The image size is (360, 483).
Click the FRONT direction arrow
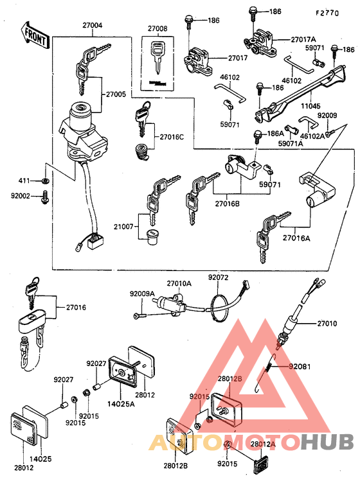(35, 35)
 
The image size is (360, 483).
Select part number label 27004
(92, 25)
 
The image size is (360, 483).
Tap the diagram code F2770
(327, 13)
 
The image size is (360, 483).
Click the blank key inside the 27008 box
(157, 57)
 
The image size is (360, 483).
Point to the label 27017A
(303, 39)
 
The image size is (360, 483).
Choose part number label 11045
(310, 106)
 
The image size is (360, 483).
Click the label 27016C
(172, 137)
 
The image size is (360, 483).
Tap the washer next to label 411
(45, 180)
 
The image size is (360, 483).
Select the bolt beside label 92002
(45, 197)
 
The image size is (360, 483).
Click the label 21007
(123, 227)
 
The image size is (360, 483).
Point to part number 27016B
(227, 204)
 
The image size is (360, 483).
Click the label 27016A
(296, 238)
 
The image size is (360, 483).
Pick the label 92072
(218, 277)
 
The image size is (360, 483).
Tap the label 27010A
(179, 283)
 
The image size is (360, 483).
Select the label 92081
(300, 367)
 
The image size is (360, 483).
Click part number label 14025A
(121, 403)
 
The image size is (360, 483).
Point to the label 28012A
(263, 444)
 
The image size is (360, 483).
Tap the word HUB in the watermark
(327, 442)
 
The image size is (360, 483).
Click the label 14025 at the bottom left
(40, 459)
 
